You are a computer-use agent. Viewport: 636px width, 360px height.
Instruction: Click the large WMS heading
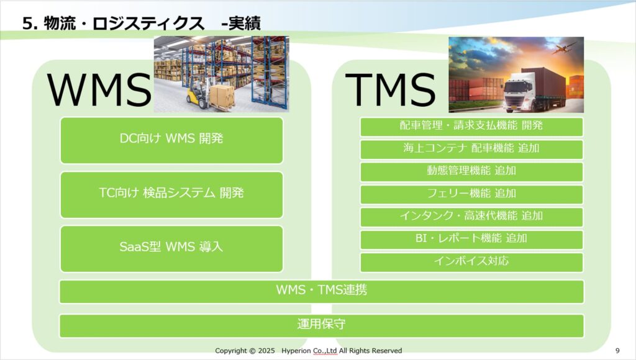click(99, 89)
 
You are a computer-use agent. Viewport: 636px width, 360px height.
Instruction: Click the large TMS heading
click(390, 89)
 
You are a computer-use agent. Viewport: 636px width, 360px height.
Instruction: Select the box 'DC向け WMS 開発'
click(171, 140)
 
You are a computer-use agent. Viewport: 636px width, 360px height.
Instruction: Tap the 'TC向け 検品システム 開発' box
click(171, 195)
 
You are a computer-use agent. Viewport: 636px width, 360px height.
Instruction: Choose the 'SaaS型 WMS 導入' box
click(171, 249)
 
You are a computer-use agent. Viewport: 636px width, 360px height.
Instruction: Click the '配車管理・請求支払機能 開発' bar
click(471, 127)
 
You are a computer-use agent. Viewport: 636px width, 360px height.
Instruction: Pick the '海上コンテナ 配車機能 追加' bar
click(471, 150)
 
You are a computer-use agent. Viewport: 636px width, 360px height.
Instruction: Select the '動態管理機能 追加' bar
click(471, 172)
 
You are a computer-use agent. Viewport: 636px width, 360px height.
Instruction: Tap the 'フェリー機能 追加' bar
click(471, 195)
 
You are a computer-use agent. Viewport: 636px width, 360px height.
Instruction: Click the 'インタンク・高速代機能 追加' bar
click(471, 217)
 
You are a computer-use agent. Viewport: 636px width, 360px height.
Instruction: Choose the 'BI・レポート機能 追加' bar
click(471, 240)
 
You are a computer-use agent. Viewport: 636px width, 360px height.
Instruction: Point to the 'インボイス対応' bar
click(471, 263)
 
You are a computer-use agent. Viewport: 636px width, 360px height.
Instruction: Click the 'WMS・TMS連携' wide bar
click(322, 292)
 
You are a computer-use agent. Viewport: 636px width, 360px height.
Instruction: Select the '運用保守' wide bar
click(322, 325)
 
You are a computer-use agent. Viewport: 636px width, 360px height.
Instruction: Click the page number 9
click(618, 351)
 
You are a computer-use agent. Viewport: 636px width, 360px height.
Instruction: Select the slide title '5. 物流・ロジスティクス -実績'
click(142, 24)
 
